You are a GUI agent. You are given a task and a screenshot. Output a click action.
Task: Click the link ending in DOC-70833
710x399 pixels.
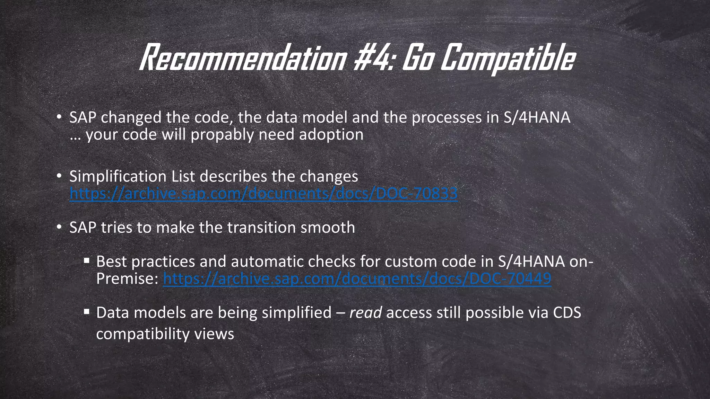pyautogui.click(x=263, y=193)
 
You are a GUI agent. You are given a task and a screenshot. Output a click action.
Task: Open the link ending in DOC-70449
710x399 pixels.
pyautogui.click(x=357, y=278)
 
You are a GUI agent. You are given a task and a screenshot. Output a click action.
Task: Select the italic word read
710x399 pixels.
pyautogui.click(x=365, y=312)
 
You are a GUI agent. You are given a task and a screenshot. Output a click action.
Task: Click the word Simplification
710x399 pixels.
pyautogui.click(x=118, y=176)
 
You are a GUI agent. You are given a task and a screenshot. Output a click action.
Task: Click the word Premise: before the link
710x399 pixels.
pyautogui.click(x=127, y=278)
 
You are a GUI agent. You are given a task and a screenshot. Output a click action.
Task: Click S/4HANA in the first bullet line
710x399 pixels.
pyautogui.click(x=537, y=117)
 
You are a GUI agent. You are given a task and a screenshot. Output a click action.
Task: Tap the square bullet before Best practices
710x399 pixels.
pyautogui.click(x=87, y=260)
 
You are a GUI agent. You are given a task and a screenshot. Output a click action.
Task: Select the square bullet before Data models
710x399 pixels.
pyautogui.click(x=87, y=311)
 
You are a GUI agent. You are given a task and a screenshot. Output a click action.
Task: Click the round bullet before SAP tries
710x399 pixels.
pyautogui.click(x=59, y=227)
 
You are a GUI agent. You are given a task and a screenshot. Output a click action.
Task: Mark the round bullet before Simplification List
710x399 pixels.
pyautogui.click(x=59, y=176)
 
